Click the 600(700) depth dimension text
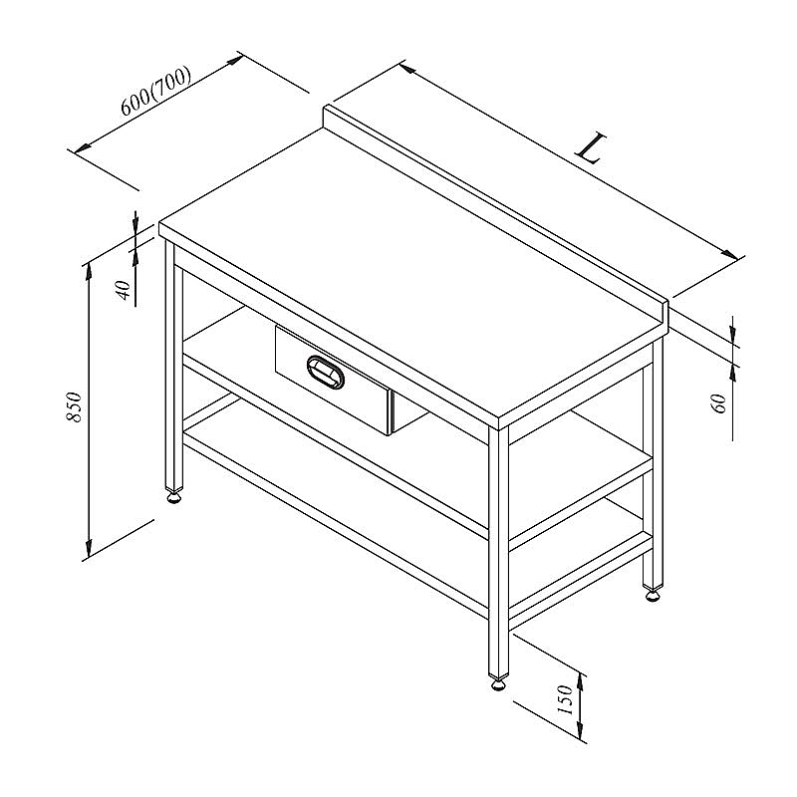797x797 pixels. pyautogui.click(x=155, y=91)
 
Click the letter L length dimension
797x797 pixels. pyautogui.click(x=591, y=147)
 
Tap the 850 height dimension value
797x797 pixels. pyautogui.click(x=74, y=406)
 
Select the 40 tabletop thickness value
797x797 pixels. pyautogui.click(x=124, y=290)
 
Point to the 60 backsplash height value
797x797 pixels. pyautogui.click(x=720, y=403)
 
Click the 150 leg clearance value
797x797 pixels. pyautogui.click(x=565, y=699)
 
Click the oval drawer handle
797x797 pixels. pyautogui.click(x=326, y=373)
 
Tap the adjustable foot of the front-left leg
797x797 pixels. pyautogui.click(x=173, y=495)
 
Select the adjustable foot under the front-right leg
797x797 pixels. pyautogui.click(x=498, y=682)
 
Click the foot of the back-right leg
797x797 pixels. pyautogui.click(x=654, y=594)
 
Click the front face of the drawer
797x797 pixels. pyautogui.click(x=333, y=380)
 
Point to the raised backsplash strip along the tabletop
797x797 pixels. pyautogui.click(x=495, y=213)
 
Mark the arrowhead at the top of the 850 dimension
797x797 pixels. pyautogui.click(x=89, y=273)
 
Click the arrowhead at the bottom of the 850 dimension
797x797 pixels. pyautogui.click(x=89, y=547)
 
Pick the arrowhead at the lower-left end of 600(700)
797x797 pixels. pyautogui.click(x=83, y=147)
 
